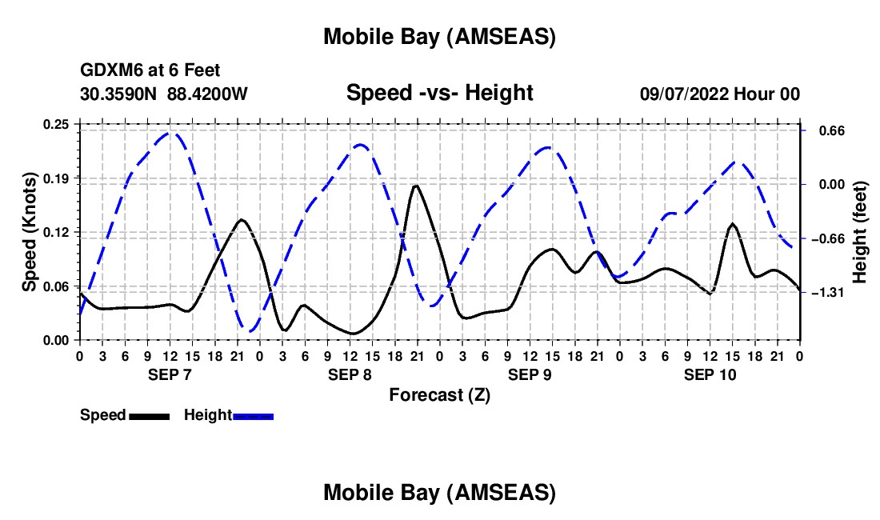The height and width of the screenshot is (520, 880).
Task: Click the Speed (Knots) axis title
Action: coord(30,232)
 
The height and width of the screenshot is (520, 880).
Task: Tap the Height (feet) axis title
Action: coord(860,232)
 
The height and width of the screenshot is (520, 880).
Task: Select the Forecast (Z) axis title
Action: coord(439,394)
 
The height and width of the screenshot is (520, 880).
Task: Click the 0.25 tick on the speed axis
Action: coord(57,124)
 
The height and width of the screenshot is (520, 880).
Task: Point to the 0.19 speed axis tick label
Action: coord(57,178)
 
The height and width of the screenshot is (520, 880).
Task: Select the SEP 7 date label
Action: coord(170,374)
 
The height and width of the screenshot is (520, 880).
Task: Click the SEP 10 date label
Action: coord(709,374)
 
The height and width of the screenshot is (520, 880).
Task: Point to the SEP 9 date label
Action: coord(529,374)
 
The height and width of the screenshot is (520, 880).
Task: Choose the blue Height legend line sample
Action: coord(253,416)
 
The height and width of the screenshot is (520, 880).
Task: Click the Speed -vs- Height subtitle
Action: coord(439,93)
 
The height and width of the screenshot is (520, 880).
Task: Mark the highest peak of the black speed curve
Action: coord(416,186)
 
